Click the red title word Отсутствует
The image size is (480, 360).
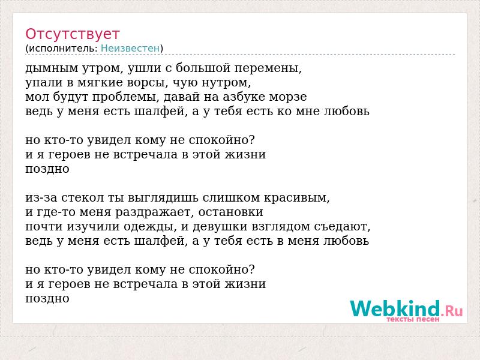pos(72,34)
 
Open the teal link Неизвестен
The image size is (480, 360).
pos(130,49)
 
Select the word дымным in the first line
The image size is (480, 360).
pos(52,68)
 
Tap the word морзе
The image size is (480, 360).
pos(288,97)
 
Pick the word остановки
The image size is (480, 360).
pos(231,212)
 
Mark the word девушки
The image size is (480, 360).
pos(220,227)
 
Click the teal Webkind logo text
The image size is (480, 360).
pos(395,308)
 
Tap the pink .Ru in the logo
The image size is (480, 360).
pos(452,311)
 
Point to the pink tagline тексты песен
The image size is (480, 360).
pos(413,319)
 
